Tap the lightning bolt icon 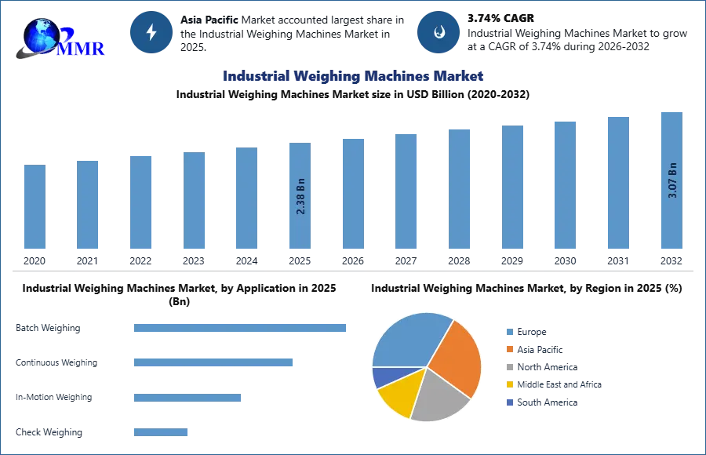[x=151, y=32]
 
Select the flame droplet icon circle [x=439, y=32]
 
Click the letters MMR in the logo [x=81, y=49]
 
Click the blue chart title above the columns [x=355, y=76]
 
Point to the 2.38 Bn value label [x=300, y=197]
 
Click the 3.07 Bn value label [x=672, y=180]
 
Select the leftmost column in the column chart [x=35, y=207]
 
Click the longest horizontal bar [x=241, y=326]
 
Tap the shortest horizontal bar [x=160, y=432]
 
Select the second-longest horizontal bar [x=213, y=363]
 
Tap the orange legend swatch [x=509, y=351]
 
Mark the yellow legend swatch [x=509, y=384]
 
